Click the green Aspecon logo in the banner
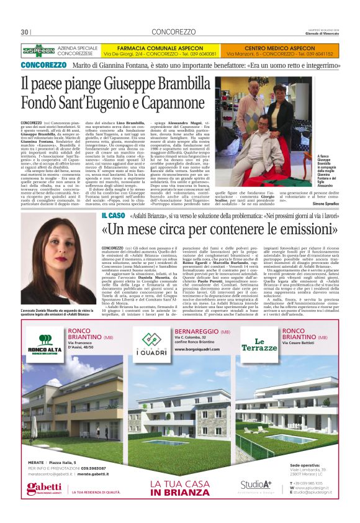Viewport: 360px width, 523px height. (38, 50)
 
